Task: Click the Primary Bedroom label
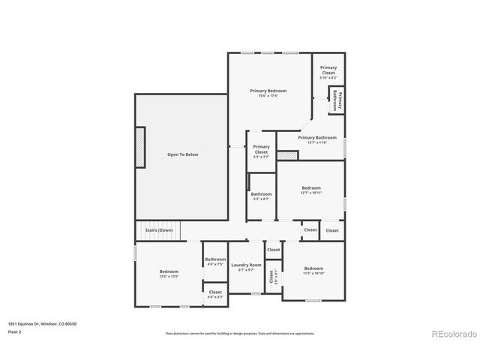(268, 93)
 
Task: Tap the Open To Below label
(182, 154)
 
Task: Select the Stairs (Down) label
(159, 229)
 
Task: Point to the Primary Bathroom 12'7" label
(316, 139)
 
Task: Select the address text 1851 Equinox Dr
(42, 323)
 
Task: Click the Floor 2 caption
(15, 331)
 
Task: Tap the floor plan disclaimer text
(240, 333)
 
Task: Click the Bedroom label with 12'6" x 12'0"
(169, 274)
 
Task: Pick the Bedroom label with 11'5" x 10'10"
(313, 270)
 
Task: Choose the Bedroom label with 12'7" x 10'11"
(311, 190)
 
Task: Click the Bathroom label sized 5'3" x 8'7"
(261, 196)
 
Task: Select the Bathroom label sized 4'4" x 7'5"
(215, 262)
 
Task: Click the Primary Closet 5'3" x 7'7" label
(261, 150)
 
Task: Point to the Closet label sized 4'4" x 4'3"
(215, 294)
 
